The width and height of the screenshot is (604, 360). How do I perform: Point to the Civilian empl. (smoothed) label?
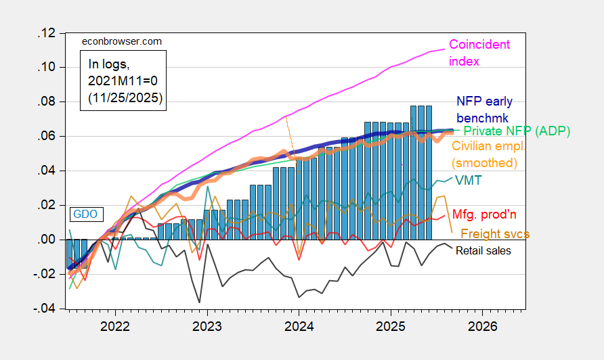(x=485, y=154)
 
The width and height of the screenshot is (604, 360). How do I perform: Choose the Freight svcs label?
(x=495, y=233)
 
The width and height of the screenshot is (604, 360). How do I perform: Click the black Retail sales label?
(x=483, y=250)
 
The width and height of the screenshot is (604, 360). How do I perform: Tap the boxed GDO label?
(x=85, y=214)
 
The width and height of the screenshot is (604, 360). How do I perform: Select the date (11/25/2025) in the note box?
(x=126, y=97)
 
